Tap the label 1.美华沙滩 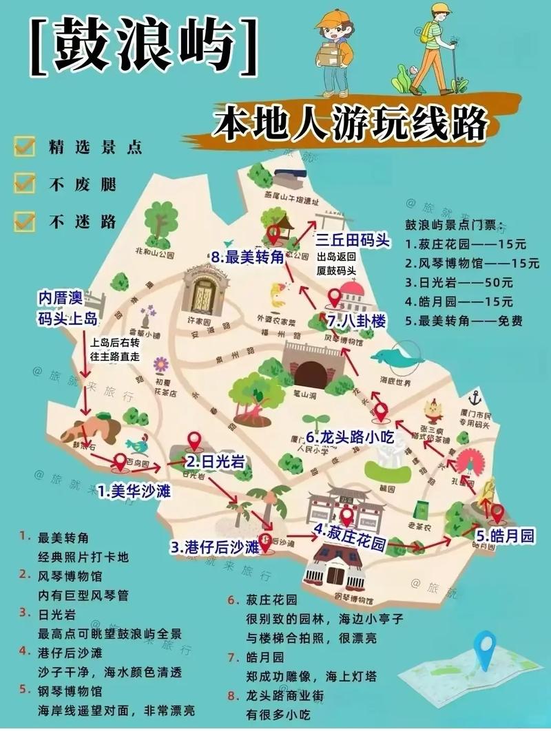(x=134, y=491)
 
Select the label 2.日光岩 (x=214, y=462)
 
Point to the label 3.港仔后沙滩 (x=215, y=547)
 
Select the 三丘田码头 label (x=353, y=241)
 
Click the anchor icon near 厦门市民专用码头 (x=474, y=397)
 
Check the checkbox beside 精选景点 (x=25, y=147)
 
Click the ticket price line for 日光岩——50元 (x=459, y=282)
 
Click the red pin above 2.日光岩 (x=194, y=440)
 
